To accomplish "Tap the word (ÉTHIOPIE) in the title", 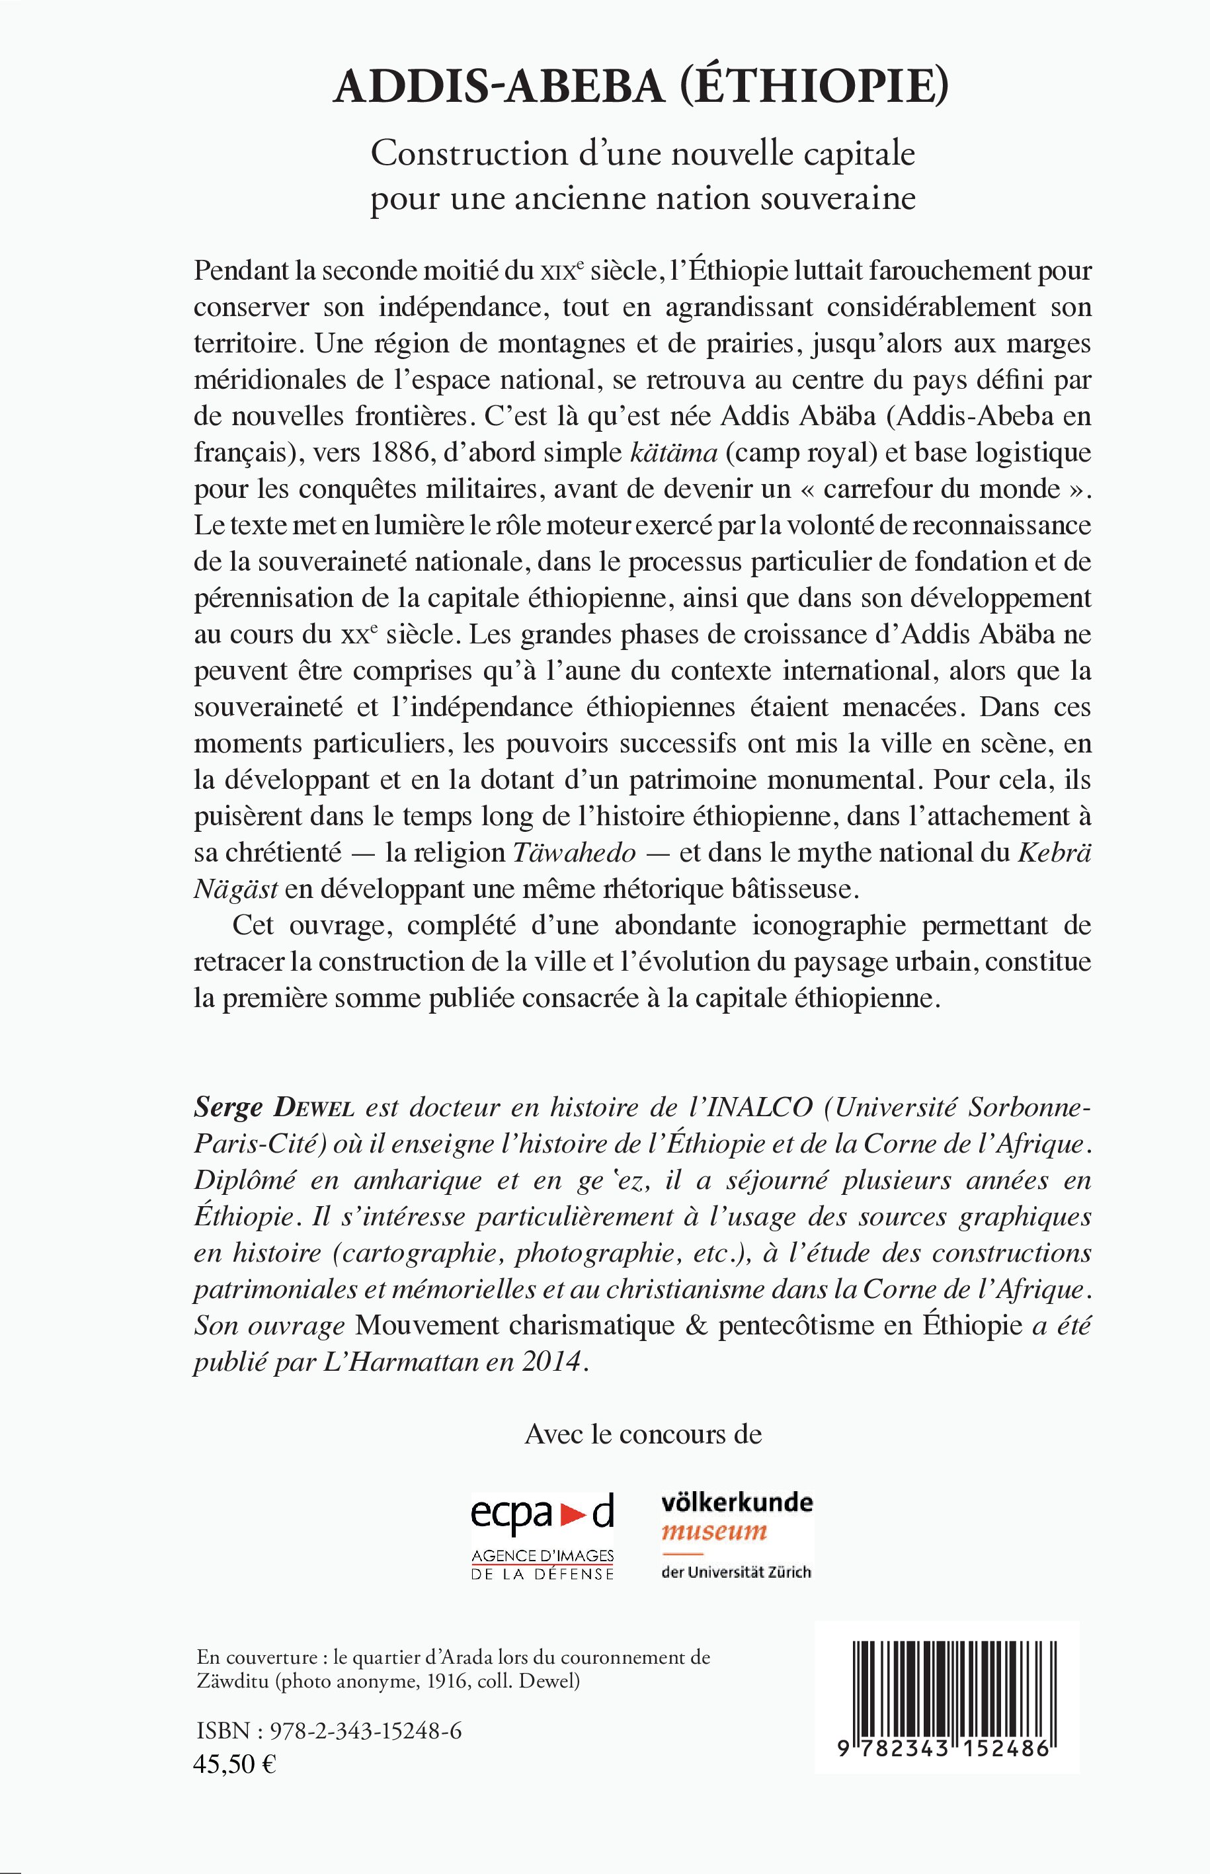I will click(813, 87).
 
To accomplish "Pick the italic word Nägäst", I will click(235, 889).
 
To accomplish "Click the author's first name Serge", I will click(228, 1108).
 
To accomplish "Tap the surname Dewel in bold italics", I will click(313, 1108).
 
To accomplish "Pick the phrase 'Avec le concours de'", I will click(643, 1435).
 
